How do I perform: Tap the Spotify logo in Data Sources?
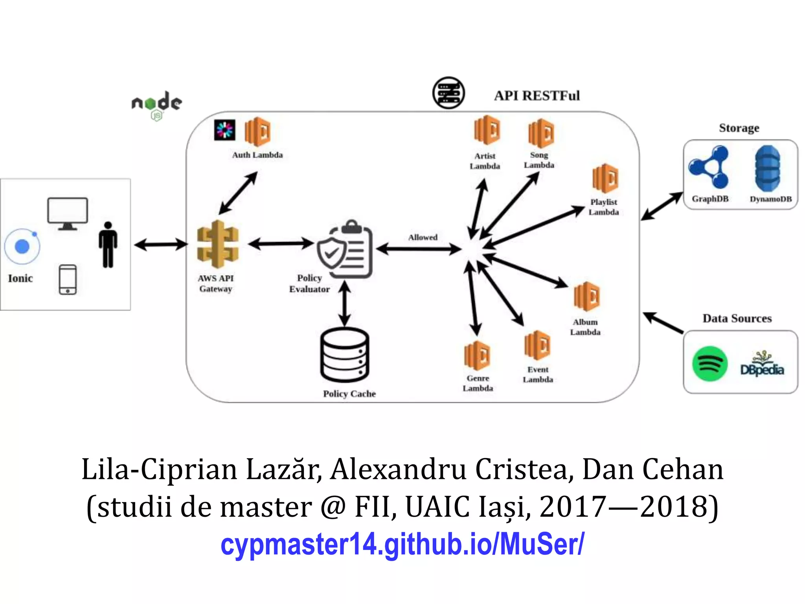pos(709,363)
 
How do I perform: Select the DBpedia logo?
pos(762,364)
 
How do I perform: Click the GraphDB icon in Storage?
pos(709,167)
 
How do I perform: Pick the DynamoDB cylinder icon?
pos(768,168)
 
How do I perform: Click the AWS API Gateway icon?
pos(217,244)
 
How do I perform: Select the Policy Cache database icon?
pos(345,355)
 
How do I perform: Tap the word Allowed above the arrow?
pos(423,238)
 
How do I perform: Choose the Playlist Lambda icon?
pos(605,179)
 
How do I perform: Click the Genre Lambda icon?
pos(477,355)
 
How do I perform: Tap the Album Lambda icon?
pos(586,297)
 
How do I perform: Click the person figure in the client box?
pos(108,245)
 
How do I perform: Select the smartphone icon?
pos(68,280)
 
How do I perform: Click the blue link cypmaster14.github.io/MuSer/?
pos(402,544)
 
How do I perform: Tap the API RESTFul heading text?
pos(537,96)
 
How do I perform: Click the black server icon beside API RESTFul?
pos(448,93)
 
